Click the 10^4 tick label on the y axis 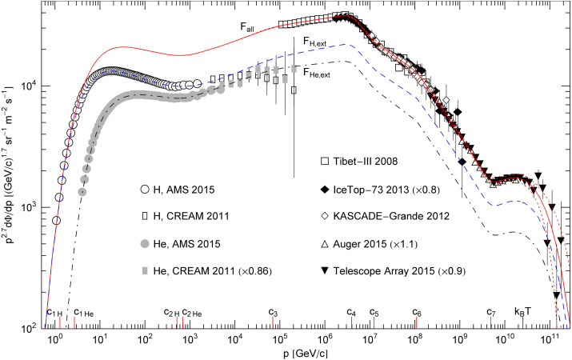30,86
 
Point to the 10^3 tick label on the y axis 30,207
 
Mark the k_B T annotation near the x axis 522,311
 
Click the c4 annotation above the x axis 350,312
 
